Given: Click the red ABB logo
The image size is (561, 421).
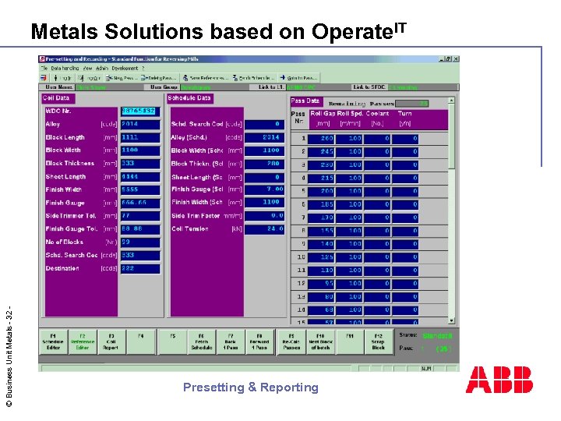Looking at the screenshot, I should (x=499, y=380).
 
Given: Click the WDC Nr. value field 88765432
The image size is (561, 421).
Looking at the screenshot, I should (x=139, y=111).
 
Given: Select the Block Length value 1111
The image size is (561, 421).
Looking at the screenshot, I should (x=139, y=137).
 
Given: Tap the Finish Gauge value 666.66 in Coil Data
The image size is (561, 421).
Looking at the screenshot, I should (x=139, y=203).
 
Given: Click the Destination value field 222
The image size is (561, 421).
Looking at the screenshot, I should (x=139, y=268).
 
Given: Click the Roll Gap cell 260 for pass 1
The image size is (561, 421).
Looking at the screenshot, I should (x=321, y=139).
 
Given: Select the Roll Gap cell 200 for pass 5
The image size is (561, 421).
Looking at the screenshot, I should (x=321, y=191).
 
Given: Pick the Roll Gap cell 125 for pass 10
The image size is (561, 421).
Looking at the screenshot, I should (x=321, y=256).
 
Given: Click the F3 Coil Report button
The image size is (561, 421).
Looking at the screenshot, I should (x=111, y=341).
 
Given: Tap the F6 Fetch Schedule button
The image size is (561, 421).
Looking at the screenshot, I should (x=202, y=341).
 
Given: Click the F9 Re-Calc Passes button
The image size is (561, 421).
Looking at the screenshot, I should (x=291, y=341).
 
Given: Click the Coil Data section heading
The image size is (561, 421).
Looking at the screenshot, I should (x=56, y=98).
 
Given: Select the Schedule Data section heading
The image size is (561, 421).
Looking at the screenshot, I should (x=189, y=98).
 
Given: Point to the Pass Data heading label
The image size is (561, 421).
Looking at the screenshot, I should (x=305, y=101).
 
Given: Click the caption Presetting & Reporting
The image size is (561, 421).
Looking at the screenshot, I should (x=251, y=387).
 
